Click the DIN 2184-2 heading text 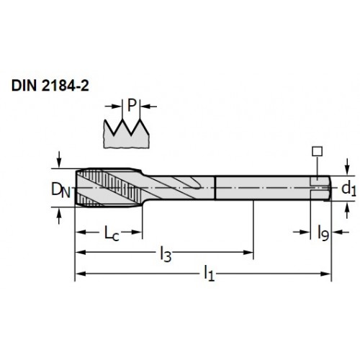pyautogui.click(x=50, y=86)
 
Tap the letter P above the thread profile pyautogui.click(x=132, y=105)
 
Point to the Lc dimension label pyautogui.click(x=112, y=233)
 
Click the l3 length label pyautogui.click(x=166, y=254)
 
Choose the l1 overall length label pyautogui.click(x=209, y=273)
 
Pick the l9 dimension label pyautogui.click(x=323, y=233)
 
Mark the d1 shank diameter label pyautogui.click(x=348, y=189)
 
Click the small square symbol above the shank pyautogui.click(x=318, y=152)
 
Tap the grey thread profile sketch pyautogui.click(x=127, y=134)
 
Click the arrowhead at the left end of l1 pyautogui.click(x=81, y=274)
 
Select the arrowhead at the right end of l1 pyautogui.click(x=325, y=274)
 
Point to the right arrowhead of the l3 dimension pyautogui.click(x=248, y=252)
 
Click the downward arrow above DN pyautogui.click(x=59, y=160)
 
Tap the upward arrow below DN pyautogui.click(x=59, y=215)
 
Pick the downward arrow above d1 pyautogui.click(x=346, y=166)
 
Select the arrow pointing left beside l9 pyautogui.click(x=341, y=232)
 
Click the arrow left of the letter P pyautogui.click(x=113, y=107)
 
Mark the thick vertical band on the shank pyautogui.click(x=215, y=188)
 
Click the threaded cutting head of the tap pyautogui.click(x=109, y=187)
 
